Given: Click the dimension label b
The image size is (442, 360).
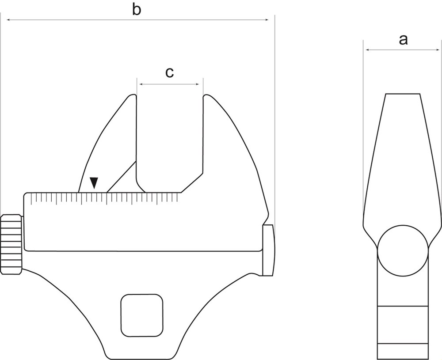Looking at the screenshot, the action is (137, 10).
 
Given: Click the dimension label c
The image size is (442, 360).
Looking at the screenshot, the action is (169, 72).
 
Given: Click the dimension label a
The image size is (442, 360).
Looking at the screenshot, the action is (403, 40).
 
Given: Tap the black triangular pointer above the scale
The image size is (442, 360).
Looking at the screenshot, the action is (94, 183).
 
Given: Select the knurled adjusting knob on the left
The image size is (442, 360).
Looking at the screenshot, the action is (11, 244).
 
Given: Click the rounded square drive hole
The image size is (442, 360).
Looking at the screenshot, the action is (142, 315).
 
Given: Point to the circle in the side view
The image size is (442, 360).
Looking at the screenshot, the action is (403, 250).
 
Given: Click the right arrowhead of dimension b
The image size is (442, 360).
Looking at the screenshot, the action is (266, 20).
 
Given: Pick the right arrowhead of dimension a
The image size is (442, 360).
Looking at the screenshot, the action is (437, 50).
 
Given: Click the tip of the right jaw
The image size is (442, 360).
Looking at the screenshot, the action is (206, 96).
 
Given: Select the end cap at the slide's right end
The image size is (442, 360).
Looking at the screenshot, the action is (268, 250).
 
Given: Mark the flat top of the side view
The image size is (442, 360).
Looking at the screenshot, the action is (403, 94).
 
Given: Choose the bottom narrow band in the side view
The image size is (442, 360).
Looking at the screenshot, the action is (403, 351).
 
